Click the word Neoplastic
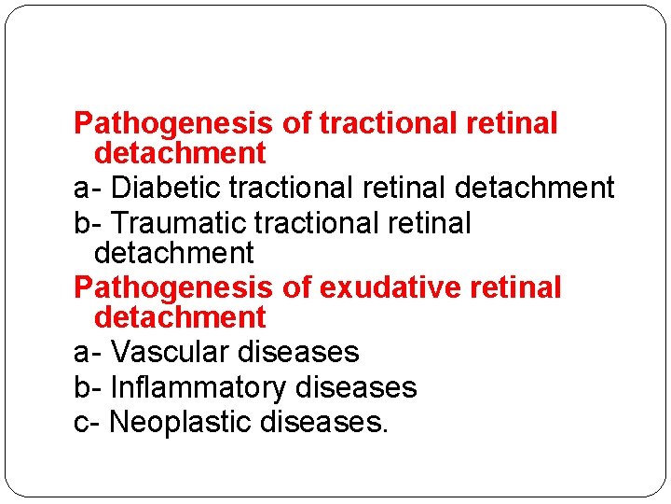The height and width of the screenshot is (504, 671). coord(181,422)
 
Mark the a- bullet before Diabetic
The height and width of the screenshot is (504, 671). coord(88,188)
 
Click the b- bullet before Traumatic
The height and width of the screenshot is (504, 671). coord(88,223)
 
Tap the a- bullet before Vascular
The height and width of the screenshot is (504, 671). coord(88,352)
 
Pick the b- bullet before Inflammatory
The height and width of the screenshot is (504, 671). coord(88,386)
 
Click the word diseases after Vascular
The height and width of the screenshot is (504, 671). coord(298,352)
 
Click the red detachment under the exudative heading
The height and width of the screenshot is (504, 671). coord(180,317)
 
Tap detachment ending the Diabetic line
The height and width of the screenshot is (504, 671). coord(534,188)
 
